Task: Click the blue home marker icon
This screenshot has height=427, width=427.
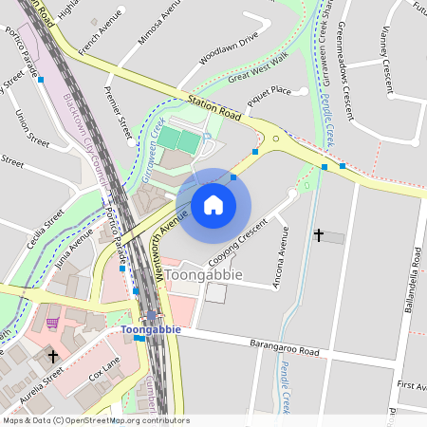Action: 213,204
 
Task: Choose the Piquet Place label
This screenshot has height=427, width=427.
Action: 269,92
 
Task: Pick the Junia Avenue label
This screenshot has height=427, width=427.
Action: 76,251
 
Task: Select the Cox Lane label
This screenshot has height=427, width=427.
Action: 104,369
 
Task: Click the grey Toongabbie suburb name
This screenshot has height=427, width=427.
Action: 204,274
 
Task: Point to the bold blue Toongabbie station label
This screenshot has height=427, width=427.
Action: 151,329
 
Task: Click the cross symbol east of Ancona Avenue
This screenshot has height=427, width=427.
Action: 318,233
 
